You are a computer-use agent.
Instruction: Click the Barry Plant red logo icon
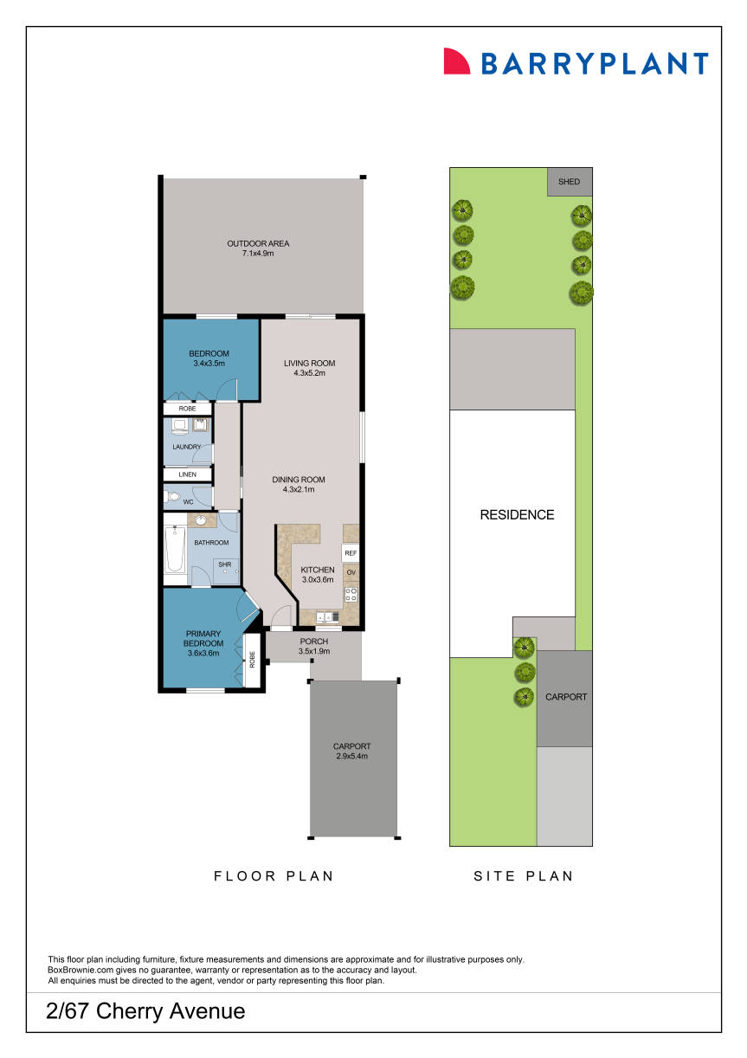[455, 61]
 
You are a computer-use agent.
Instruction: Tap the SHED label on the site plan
[569, 182]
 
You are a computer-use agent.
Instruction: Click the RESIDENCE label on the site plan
[517, 514]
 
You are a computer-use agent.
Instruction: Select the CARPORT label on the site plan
[565, 696]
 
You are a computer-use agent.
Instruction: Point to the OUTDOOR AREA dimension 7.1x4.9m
[258, 254]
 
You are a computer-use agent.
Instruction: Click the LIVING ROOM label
[309, 363]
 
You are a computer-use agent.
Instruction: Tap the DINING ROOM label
[298, 480]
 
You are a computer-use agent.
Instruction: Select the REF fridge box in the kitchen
[351, 552]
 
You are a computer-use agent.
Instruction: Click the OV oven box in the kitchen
[351, 573]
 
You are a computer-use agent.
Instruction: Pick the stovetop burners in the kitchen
[351, 594]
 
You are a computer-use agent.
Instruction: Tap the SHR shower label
[224, 564]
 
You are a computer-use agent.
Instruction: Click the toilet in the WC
[173, 499]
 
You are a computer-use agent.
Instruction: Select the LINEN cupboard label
[188, 474]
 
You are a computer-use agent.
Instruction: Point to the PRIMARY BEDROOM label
[203, 639]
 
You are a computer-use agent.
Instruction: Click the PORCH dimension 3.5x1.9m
[312, 651]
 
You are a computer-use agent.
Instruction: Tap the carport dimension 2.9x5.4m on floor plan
[351, 756]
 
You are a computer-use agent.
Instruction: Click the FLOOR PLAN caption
[274, 875]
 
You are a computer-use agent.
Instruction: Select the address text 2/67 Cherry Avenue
[146, 1010]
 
